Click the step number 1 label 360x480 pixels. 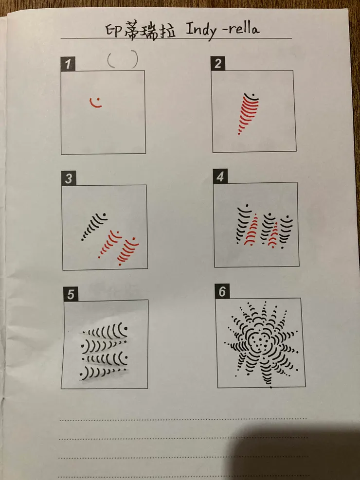[x=68, y=64]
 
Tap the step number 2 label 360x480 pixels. [x=218, y=64]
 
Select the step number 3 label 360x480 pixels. [x=69, y=178]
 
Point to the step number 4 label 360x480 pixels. [x=220, y=177]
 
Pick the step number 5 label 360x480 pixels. [x=71, y=294]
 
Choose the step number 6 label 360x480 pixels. [x=222, y=291]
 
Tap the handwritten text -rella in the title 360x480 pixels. [x=241, y=29]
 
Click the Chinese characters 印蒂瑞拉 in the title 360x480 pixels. [x=141, y=31]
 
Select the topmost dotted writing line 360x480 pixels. [x=183, y=419]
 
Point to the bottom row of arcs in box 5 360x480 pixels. [x=103, y=373]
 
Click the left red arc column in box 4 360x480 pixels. [x=251, y=232]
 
